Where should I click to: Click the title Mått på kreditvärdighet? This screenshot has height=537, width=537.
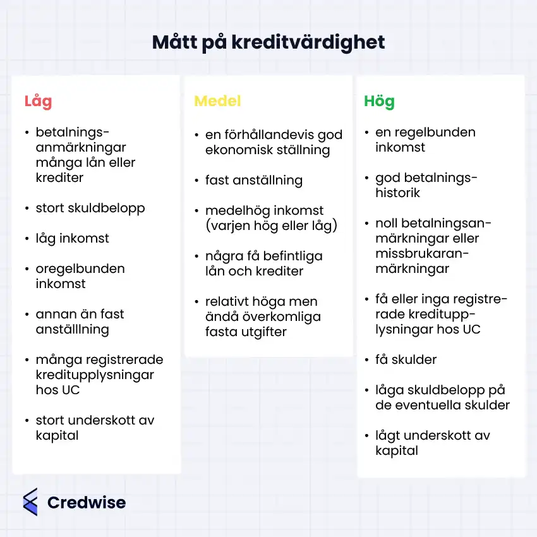click(x=268, y=43)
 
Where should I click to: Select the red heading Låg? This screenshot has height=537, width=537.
click(x=38, y=101)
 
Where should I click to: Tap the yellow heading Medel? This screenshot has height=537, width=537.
click(x=217, y=101)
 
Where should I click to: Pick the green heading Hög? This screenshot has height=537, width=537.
click(x=379, y=101)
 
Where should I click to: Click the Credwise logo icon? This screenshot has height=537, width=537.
click(x=30, y=502)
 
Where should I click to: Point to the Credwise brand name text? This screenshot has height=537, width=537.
click(x=87, y=503)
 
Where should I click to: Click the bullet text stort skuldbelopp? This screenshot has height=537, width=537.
click(x=90, y=208)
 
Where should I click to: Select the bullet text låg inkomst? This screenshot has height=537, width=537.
click(x=72, y=238)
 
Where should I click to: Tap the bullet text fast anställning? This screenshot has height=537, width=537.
click(x=254, y=180)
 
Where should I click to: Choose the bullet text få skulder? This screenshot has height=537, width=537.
click(x=406, y=359)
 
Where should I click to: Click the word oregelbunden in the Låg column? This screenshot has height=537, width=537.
click(x=80, y=268)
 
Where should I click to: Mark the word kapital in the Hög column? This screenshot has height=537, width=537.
click(x=397, y=450)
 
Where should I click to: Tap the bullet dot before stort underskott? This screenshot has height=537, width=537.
click(x=27, y=421)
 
